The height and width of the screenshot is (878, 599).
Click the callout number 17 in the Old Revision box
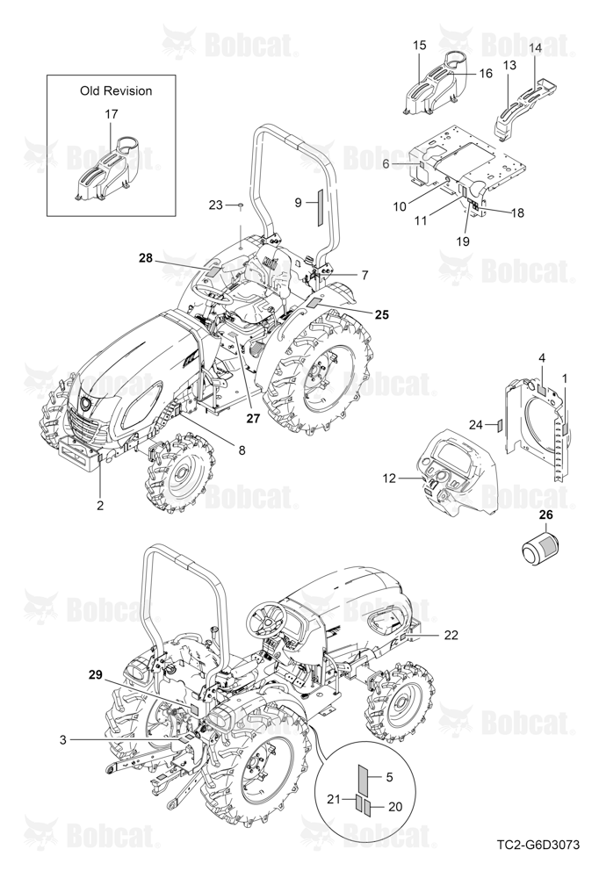point(112,114)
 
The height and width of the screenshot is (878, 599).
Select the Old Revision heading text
point(116,90)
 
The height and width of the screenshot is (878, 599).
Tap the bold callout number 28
point(146,258)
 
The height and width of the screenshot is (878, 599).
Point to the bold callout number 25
point(381,314)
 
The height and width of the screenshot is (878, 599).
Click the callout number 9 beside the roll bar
point(298,204)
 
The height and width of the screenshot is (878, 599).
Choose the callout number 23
point(216,205)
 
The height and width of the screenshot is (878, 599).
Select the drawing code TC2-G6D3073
point(538,860)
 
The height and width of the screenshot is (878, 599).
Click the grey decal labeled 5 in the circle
point(363,778)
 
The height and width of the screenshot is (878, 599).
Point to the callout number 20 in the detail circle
point(395,806)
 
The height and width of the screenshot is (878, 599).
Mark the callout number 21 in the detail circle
point(335,800)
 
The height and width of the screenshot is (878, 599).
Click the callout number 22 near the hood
point(451,635)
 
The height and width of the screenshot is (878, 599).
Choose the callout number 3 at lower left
point(62,739)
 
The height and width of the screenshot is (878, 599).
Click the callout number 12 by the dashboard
point(389,479)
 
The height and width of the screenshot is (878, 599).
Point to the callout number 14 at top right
point(535,48)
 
